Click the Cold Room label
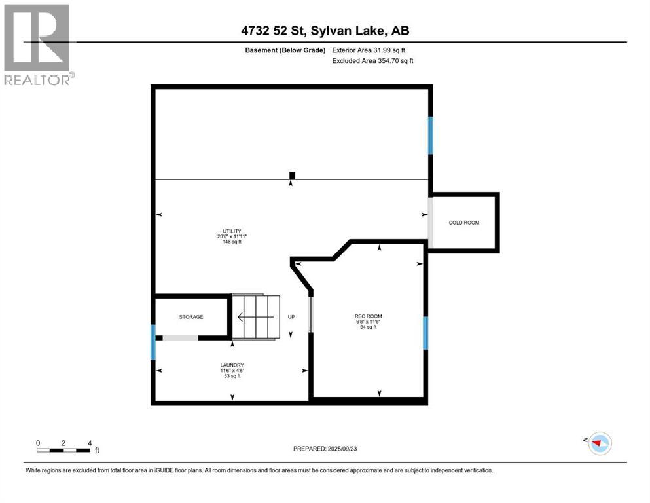pyautogui.click(x=463, y=223)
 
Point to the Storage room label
pyautogui.click(x=191, y=317)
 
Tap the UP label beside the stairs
pyautogui.click(x=291, y=317)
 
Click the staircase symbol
pyautogui.click(x=256, y=317)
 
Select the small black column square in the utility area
pyautogui.click(x=292, y=175)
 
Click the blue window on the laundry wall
pyautogui.click(x=153, y=342)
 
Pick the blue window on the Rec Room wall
pyautogui.click(x=425, y=333)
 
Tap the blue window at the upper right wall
pyautogui.click(x=430, y=135)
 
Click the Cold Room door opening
pyautogui.click(x=430, y=223)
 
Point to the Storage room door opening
pyautogui.click(x=180, y=338)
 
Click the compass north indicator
pyautogui.click(x=598, y=443)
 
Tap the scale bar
pyautogui.click(x=63, y=450)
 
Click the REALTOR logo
pyautogui.click(x=38, y=45)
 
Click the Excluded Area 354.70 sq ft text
pyautogui.click(x=373, y=61)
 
